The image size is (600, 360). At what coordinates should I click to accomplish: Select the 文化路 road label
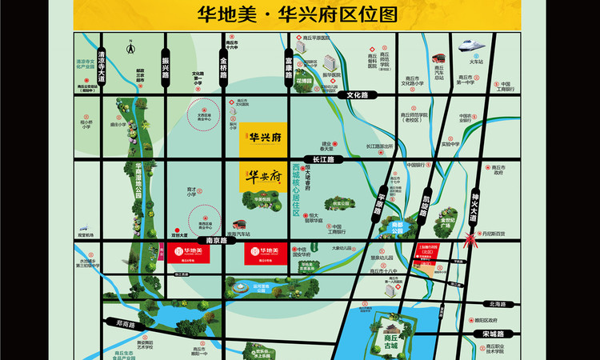point(362,95)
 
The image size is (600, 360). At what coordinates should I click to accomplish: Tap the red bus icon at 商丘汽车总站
point(438,58)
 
